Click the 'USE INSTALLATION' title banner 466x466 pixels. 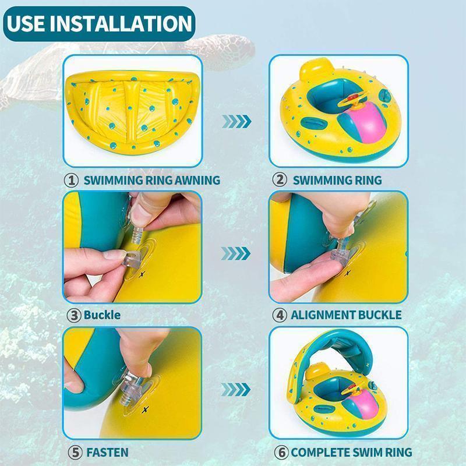pos(99,23)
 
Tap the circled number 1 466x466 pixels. pos(71,180)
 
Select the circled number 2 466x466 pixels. pos(280,180)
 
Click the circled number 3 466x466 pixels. pos(73,315)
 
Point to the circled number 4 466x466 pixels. pos(280,315)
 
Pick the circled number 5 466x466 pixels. pos(75,453)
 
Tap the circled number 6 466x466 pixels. pos(281,453)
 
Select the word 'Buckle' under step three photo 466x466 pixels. pos(103,315)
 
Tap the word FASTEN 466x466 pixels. pos(107,453)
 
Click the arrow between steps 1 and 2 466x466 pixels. pos(236,121)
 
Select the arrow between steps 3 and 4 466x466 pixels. pos(236,253)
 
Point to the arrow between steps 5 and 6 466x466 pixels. pos(236,390)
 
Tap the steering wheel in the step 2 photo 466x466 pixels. pos(353,100)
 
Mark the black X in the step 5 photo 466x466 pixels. pos(145,410)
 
